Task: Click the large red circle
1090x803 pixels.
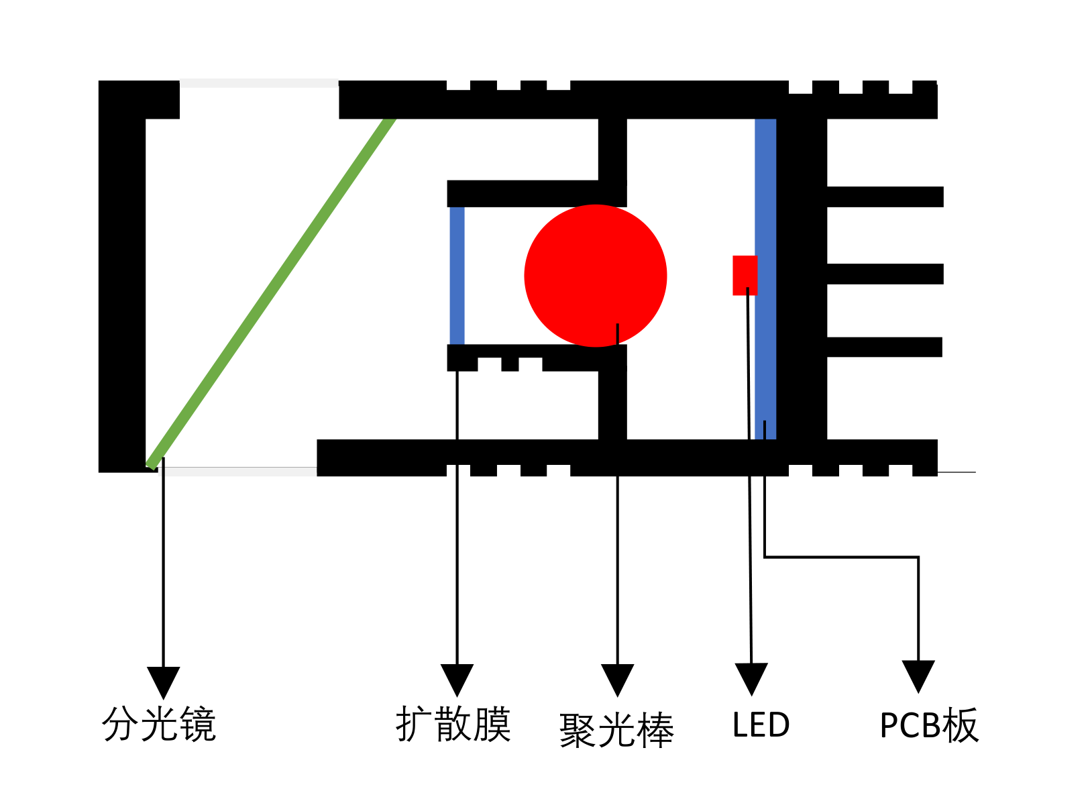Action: coord(595,275)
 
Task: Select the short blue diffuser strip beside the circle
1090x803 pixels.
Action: coord(457,275)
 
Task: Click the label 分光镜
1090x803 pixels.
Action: coord(159,724)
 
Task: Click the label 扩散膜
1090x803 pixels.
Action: coord(453,724)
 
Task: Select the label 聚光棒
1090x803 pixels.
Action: coord(616,730)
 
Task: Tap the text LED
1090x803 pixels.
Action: coord(761,725)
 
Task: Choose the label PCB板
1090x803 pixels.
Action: coord(929,725)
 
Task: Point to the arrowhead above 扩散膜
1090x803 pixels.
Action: coord(457,679)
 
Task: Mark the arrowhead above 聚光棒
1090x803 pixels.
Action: coord(617,679)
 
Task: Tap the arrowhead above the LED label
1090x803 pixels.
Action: coord(751,678)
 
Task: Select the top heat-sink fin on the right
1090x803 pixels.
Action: coord(884,197)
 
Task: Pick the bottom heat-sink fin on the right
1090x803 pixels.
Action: coord(884,347)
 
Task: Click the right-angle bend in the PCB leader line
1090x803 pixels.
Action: coord(918,557)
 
